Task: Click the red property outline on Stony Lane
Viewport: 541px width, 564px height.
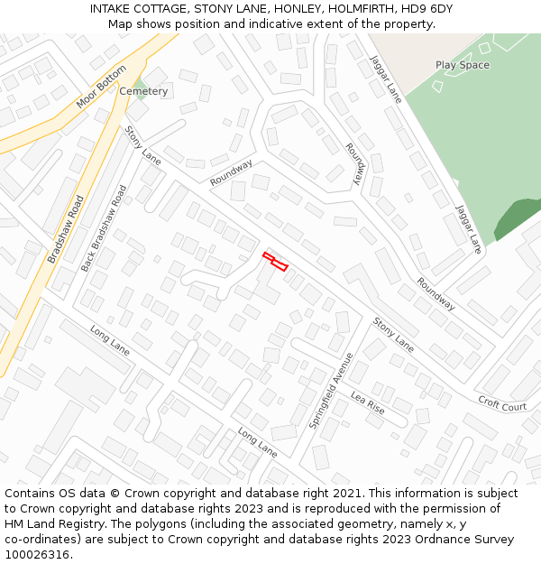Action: click(275, 262)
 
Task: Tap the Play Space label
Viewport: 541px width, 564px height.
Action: click(462, 65)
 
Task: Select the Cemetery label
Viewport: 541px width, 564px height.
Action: click(143, 91)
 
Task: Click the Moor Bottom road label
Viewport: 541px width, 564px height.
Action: click(101, 88)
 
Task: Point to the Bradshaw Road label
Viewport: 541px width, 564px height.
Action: click(66, 229)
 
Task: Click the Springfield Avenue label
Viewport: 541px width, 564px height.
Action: click(331, 390)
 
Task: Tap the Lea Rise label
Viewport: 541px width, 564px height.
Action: click(367, 403)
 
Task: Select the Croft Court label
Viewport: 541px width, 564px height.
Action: click(502, 405)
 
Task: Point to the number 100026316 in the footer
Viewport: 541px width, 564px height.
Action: click(36, 555)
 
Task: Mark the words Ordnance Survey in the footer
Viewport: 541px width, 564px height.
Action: click(469, 540)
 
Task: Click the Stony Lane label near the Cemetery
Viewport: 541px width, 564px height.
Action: click(142, 145)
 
